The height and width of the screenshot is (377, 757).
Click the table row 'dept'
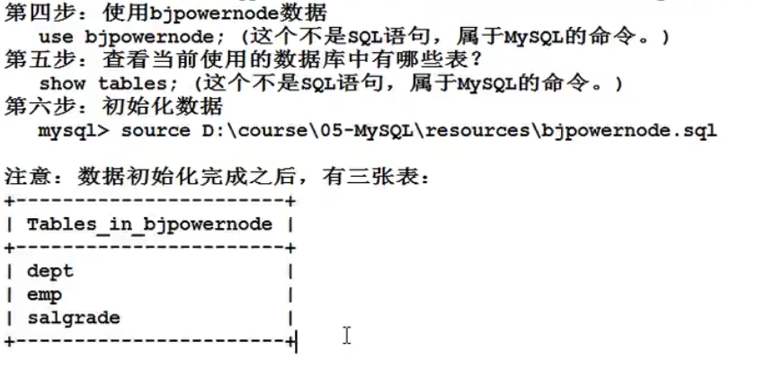pos(50,270)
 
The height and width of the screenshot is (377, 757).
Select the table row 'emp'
pos(44,294)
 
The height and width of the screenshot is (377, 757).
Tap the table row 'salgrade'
pos(73,318)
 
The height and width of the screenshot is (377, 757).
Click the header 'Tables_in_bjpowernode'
pos(149,224)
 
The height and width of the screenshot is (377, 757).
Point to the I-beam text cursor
pos(346,336)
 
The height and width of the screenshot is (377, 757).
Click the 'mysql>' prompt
pos(74,131)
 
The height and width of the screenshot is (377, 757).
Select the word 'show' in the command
pos(62,84)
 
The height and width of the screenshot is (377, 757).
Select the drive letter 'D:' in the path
pos(202,131)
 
